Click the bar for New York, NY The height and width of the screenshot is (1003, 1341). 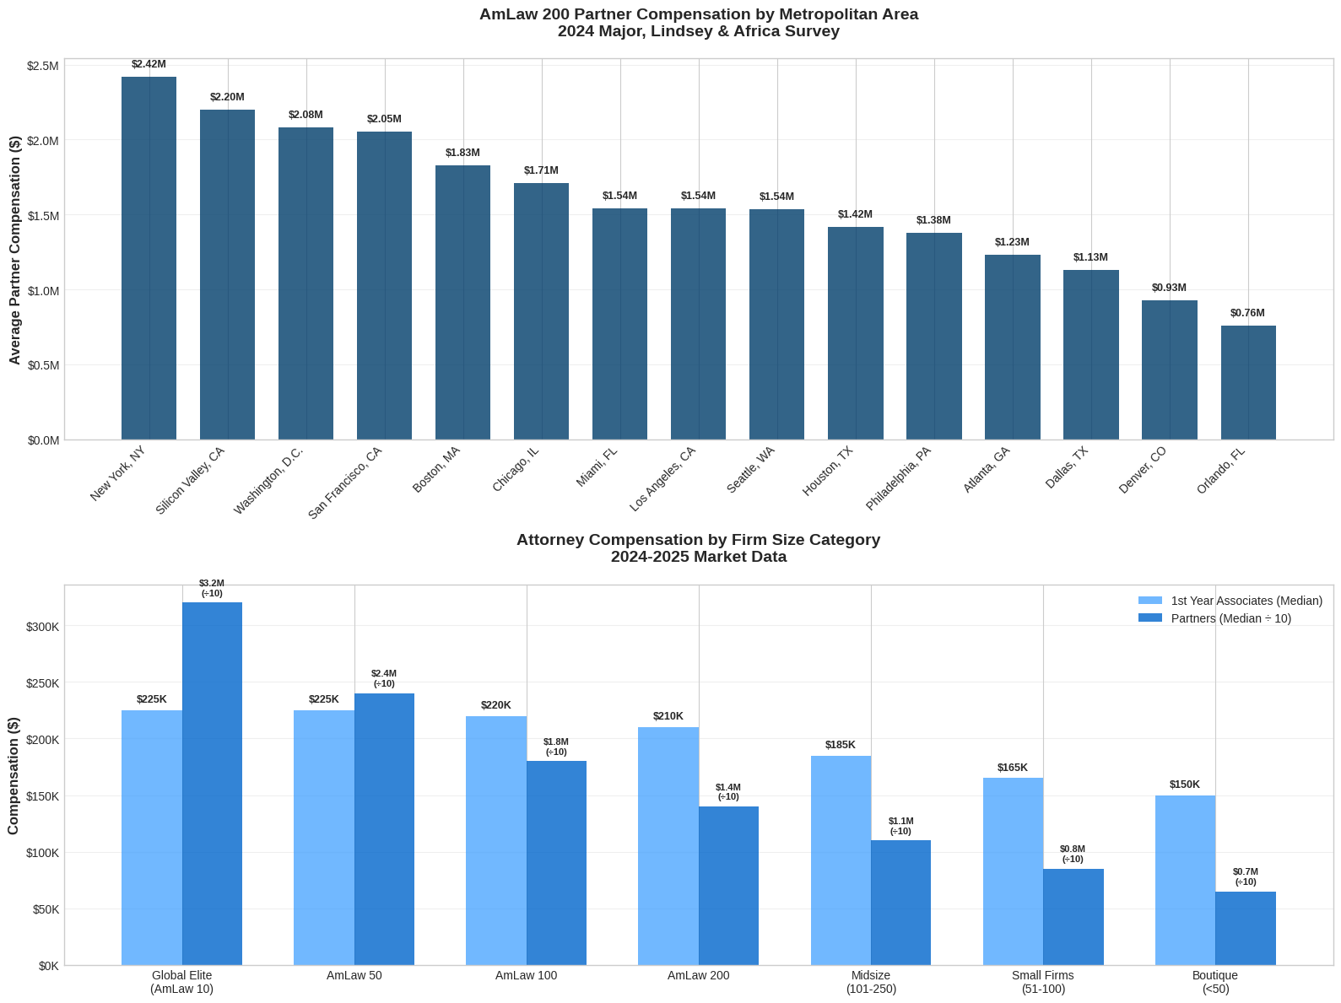149,258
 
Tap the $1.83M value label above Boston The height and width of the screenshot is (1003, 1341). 462,153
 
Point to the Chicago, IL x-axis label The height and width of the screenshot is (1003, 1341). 516,470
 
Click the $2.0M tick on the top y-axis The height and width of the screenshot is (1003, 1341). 43,141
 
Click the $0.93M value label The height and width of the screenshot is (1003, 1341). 1169,288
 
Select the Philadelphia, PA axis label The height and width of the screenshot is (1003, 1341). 898,478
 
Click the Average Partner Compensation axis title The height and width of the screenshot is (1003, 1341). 14,250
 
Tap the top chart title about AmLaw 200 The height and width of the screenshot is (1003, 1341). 698,23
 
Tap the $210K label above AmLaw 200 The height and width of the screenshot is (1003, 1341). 668,716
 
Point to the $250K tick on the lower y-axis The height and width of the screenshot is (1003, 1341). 42,682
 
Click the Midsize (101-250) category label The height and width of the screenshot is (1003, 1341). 871,982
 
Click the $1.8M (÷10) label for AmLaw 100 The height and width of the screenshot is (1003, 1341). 555,747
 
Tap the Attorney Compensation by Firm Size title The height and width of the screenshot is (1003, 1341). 698,547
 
